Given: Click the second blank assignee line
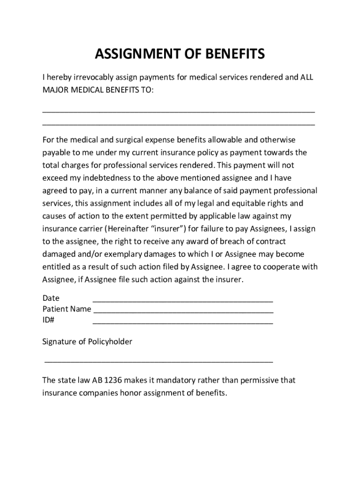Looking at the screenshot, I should click(x=179, y=124).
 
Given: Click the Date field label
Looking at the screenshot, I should click(x=51, y=298).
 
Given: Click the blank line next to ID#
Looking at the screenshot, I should click(x=183, y=323).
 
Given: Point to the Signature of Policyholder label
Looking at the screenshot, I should click(x=87, y=342).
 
